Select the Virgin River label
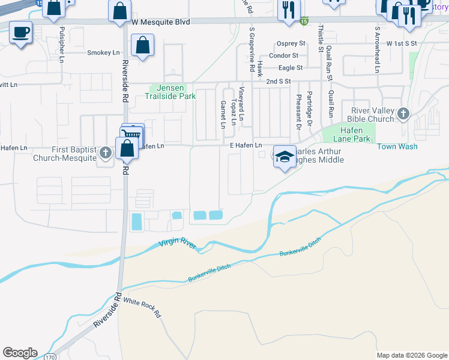178,245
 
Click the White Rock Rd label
143,309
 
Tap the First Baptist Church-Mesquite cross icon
106,152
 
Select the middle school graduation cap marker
285,157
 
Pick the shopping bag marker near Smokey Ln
143,45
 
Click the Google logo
19,353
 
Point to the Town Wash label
397,146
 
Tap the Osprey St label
291,44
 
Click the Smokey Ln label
103,53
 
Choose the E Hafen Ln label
246,146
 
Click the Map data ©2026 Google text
412,355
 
